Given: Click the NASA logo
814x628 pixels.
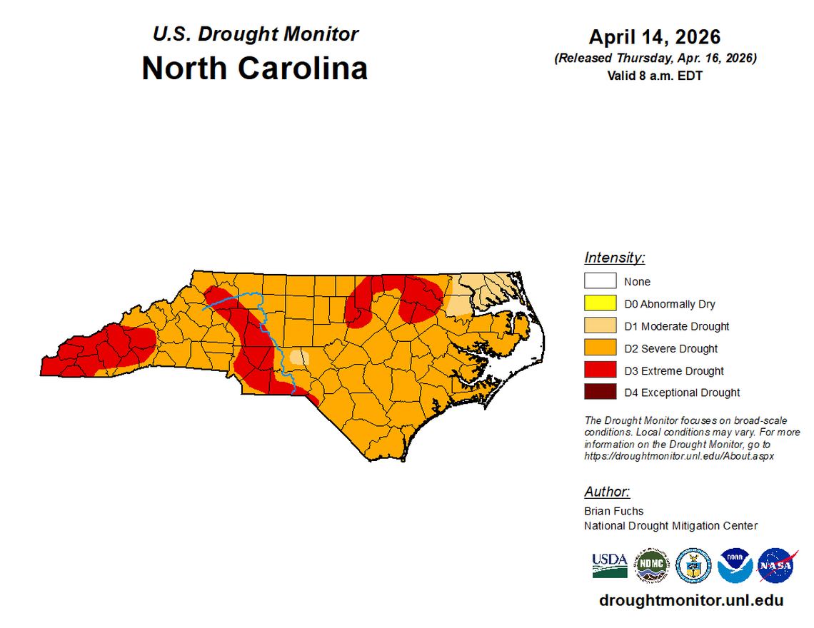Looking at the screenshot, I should pos(776,566).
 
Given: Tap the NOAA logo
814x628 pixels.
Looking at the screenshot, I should pos(735,566).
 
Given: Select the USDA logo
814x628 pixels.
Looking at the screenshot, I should pos(609,565).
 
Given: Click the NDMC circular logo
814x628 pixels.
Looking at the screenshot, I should pos(651,565).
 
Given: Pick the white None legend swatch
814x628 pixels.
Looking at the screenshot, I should pos(600,281).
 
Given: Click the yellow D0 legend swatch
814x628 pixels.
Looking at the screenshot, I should pos(600,303).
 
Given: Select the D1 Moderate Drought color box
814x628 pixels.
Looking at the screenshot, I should pos(600,326).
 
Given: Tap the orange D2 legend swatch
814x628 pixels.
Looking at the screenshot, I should pos(600,348).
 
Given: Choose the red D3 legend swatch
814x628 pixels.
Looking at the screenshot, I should pos(600,370).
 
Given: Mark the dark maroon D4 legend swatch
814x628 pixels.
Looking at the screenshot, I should pos(600,392).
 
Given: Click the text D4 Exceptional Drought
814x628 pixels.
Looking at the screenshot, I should pos(682,392).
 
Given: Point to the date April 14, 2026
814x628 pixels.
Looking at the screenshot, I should pos(655,37).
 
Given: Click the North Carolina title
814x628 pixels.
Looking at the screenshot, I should pos(255,69).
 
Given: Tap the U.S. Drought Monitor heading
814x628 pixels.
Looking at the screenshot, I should pos(255,34).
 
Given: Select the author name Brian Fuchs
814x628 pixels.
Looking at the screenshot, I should pos(613,511).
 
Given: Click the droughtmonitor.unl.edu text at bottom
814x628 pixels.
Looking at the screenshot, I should pos(690,600).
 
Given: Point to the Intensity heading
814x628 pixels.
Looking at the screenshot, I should pos(614,258).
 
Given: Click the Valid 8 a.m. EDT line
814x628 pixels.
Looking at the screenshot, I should pos(655,75).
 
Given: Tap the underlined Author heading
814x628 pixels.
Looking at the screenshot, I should pos(607,491).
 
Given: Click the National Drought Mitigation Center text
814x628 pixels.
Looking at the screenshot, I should pos(670,526).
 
